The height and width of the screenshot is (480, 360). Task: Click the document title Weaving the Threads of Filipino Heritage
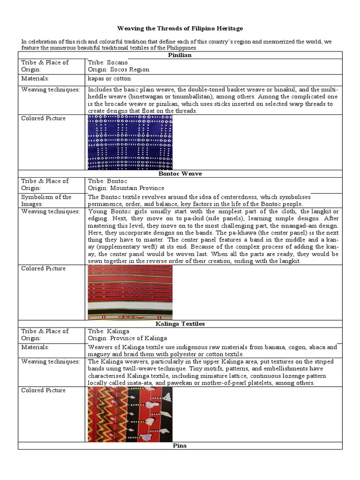click(x=180, y=29)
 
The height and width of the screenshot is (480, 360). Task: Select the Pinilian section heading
click(x=180, y=55)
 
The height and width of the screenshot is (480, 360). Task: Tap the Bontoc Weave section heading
click(x=180, y=174)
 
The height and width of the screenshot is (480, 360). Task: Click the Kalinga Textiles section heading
click(x=180, y=324)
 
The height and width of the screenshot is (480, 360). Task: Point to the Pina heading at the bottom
click(x=180, y=446)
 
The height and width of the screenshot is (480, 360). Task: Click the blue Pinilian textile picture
click(x=130, y=142)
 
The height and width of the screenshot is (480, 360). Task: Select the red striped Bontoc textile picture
click(x=130, y=292)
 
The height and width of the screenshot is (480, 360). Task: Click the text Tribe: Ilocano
click(x=107, y=62)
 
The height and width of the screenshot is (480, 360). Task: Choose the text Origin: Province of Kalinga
click(x=127, y=338)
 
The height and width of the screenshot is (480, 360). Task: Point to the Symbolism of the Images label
click(x=46, y=200)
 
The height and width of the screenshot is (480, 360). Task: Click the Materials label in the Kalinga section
click(x=35, y=347)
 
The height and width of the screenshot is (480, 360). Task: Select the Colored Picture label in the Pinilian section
click(x=43, y=119)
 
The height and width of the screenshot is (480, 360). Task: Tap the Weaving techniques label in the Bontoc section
click(x=50, y=211)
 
